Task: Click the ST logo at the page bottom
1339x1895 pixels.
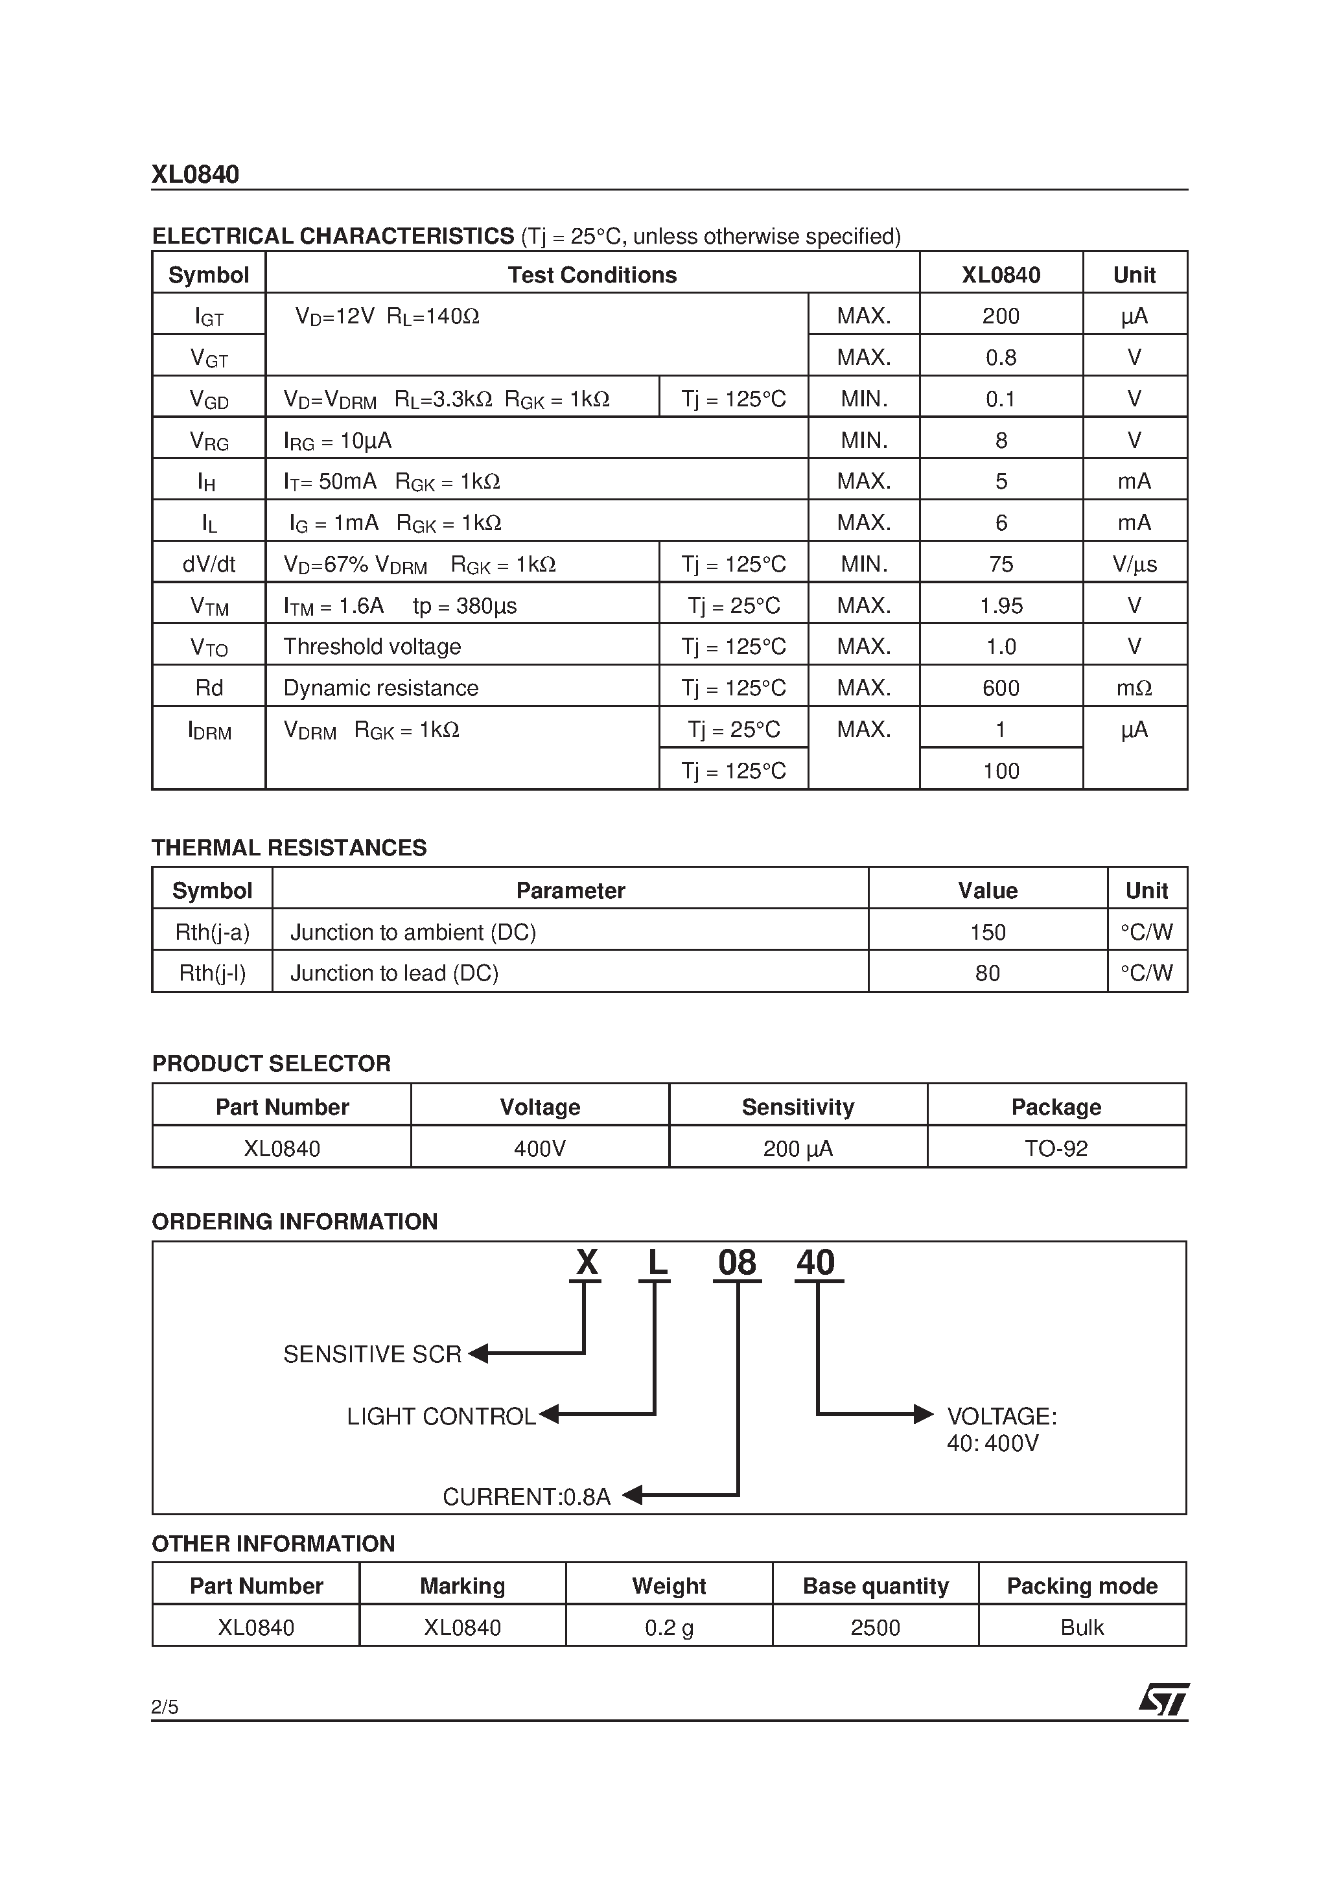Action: [x=1164, y=1699]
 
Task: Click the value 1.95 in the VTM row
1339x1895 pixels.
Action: [x=1001, y=606]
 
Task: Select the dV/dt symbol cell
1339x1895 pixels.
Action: [x=209, y=564]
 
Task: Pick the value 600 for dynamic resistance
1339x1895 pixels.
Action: [x=1001, y=688]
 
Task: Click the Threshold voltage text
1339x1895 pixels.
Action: [x=371, y=647]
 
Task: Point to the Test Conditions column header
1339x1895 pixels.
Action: [x=592, y=275]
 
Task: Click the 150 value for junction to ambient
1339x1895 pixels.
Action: [x=987, y=933]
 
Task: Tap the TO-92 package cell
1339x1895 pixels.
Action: [x=1056, y=1149]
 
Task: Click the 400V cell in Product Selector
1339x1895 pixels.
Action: [x=539, y=1149]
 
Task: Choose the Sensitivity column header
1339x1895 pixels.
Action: [x=797, y=1108]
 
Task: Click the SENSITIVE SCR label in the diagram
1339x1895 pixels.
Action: [x=372, y=1354]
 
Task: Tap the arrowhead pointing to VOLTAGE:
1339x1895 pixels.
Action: [x=923, y=1415]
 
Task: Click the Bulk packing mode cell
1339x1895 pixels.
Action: [x=1082, y=1627]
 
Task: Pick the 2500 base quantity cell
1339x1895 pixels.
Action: [x=875, y=1627]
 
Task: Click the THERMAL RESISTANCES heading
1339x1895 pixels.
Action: [x=289, y=848]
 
